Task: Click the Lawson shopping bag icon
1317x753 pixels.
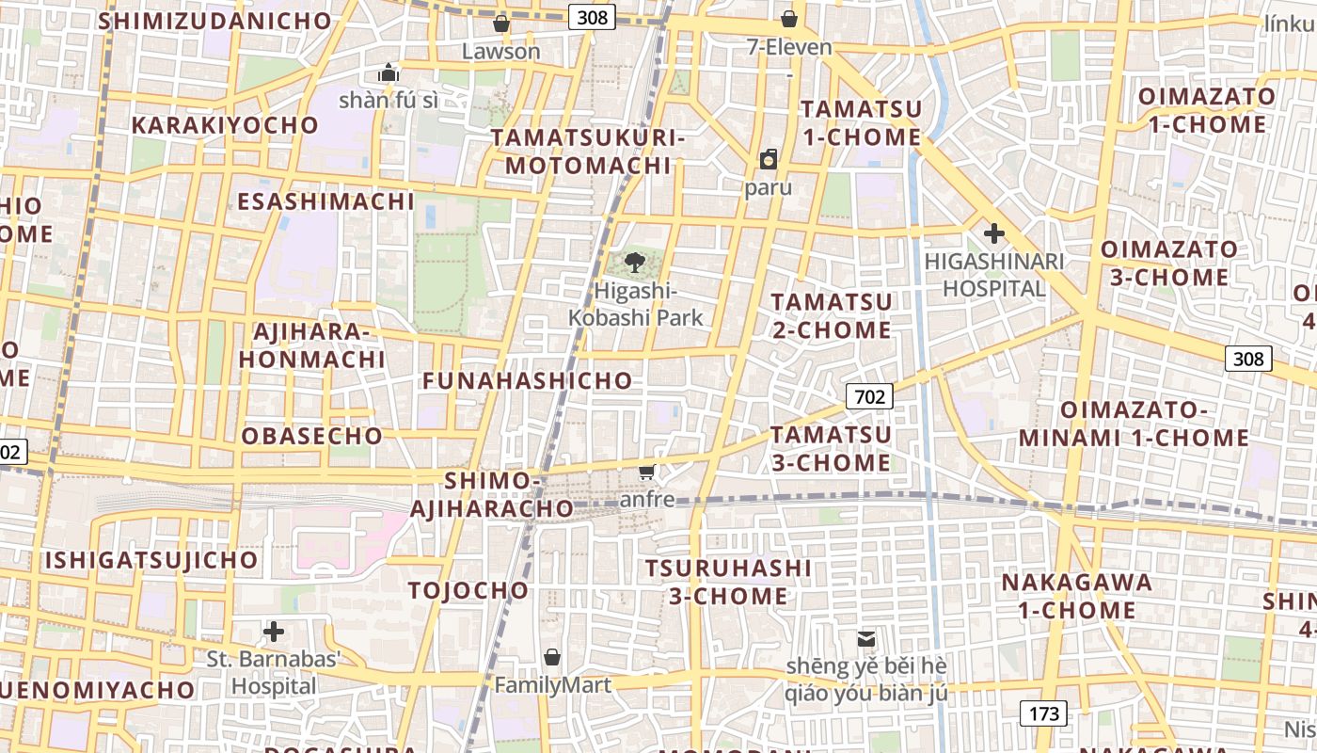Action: (501, 24)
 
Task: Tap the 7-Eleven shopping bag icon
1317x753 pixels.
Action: (789, 19)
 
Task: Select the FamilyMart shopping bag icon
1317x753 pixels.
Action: (552, 656)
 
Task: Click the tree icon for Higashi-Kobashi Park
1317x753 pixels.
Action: (635, 263)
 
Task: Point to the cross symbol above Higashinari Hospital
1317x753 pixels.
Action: (993, 232)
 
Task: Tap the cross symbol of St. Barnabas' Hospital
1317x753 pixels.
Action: (274, 631)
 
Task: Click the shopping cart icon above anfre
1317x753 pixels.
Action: (647, 471)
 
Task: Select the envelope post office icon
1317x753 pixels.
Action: (866, 639)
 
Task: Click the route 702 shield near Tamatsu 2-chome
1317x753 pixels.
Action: (868, 396)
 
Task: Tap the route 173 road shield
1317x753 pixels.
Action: (1044, 713)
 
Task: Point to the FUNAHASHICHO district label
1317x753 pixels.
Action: (528, 381)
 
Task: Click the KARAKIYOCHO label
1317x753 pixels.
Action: (226, 125)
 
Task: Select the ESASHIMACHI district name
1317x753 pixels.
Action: (325, 201)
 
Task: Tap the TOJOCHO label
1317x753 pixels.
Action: (468, 590)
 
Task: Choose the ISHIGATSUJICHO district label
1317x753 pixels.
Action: (151, 560)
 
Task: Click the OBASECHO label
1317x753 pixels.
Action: (312, 436)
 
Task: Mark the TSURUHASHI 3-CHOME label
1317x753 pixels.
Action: (729, 582)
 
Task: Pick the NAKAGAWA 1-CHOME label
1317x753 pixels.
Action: (1076, 596)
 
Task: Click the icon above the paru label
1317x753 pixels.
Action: (769, 159)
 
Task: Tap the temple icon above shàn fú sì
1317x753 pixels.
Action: (389, 72)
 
